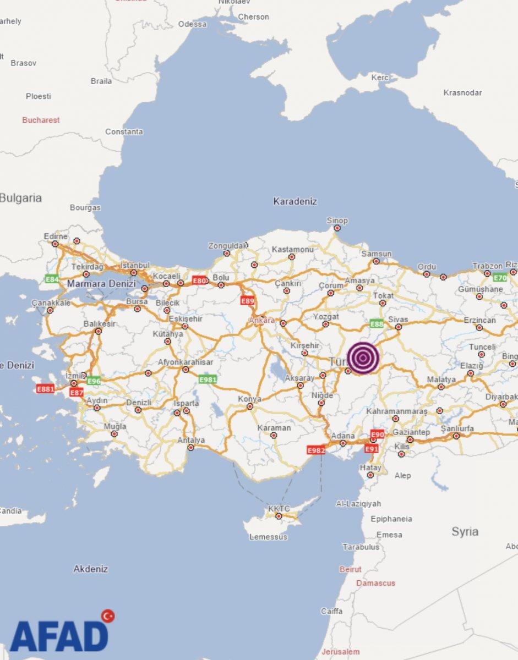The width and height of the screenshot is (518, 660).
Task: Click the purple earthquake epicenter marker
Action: click(363, 359)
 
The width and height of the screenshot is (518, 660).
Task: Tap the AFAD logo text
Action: click(58, 637)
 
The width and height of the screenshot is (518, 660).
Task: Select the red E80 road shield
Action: click(200, 280)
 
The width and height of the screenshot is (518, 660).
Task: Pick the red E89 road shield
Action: click(248, 301)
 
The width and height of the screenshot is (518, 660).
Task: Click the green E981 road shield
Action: click(208, 379)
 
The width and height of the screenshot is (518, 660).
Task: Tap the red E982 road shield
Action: click(316, 450)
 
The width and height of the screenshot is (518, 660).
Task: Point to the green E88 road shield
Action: click(377, 324)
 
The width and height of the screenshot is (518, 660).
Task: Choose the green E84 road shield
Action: click(52, 279)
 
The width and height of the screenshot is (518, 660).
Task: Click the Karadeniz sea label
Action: click(295, 201)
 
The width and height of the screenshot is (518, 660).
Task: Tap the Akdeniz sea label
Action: click(91, 569)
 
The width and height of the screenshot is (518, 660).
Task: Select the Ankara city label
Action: click(261, 320)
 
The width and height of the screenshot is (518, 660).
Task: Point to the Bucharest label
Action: click(41, 120)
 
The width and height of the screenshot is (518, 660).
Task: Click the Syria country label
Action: click(465, 532)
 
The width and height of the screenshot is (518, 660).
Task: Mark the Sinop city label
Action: click(337, 221)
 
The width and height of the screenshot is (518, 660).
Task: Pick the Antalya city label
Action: click(191, 440)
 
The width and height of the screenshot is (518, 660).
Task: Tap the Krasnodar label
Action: click(462, 92)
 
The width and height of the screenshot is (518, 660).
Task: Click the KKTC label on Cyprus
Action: click(279, 509)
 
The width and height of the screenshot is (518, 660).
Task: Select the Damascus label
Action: click(375, 583)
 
